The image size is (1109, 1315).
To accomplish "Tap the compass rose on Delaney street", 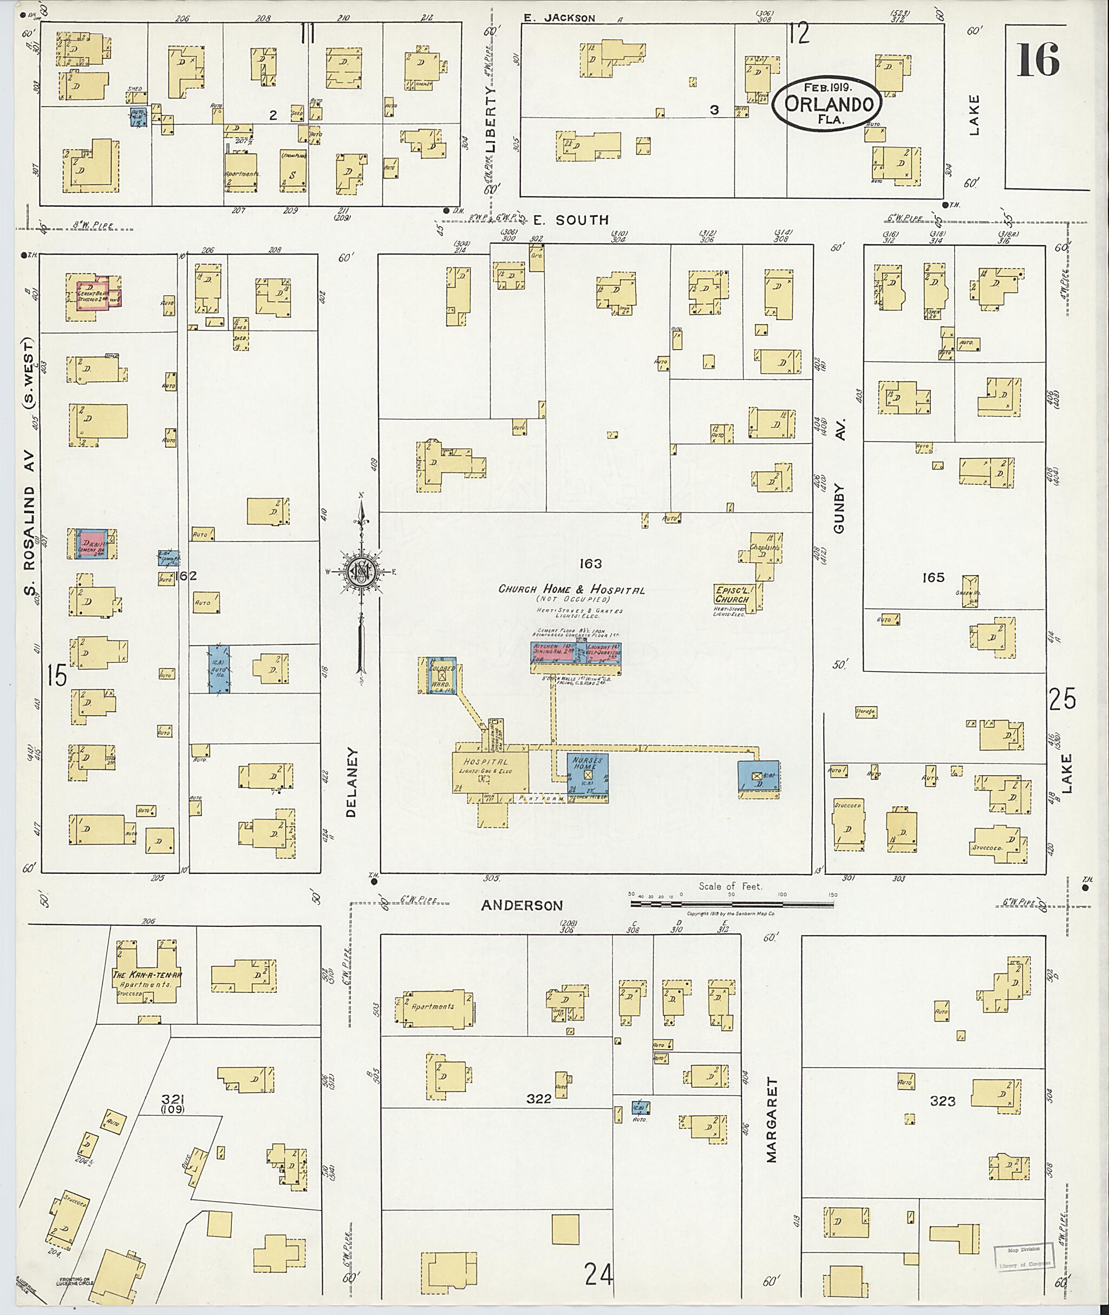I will point(362,571).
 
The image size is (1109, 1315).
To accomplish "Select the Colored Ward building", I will point(441,675).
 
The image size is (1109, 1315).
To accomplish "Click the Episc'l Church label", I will point(732,594).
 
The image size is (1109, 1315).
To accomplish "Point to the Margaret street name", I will point(772,1120).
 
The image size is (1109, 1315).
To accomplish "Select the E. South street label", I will point(571,220).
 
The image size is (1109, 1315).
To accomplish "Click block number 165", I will point(934,577).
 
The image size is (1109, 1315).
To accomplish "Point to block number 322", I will point(539,1098).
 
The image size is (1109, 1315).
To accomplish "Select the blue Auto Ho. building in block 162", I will point(219,670).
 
